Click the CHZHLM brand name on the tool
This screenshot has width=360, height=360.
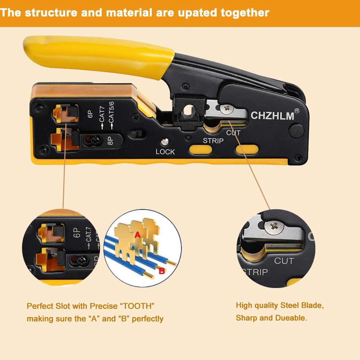(x=272, y=116)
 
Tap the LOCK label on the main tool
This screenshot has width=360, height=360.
(x=165, y=152)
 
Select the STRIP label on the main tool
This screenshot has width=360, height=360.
(x=213, y=141)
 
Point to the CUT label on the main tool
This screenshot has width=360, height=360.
(x=233, y=133)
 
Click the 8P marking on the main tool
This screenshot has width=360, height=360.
(x=111, y=140)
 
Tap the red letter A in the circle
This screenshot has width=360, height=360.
(x=137, y=235)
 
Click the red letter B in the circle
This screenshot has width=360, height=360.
(x=162, y=271)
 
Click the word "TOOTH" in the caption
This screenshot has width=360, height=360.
(x=137, y=306)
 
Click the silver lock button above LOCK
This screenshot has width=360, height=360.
(x=165, y=142)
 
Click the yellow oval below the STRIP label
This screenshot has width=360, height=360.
(x=200, y=150)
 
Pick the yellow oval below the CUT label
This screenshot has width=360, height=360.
(x=247, y=150)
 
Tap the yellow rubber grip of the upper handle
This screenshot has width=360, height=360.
(x=97, y=54)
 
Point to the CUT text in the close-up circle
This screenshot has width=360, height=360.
(x=284, y=261)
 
